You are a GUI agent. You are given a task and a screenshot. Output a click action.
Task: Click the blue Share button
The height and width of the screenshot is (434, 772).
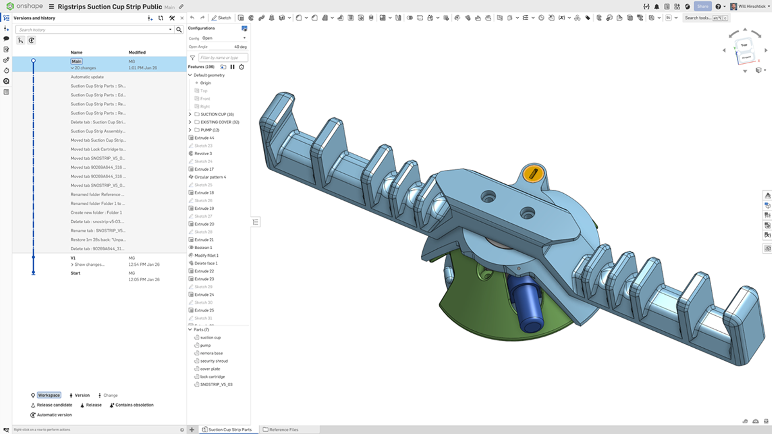click(x=703, y=6)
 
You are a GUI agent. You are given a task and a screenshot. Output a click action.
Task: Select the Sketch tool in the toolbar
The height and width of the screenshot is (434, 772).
click(x=221, y=18)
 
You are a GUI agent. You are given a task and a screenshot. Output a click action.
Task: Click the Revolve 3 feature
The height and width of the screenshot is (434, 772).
click(x=203, y=153)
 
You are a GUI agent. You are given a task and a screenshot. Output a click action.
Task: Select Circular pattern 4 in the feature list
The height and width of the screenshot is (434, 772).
click(x=210, y=177)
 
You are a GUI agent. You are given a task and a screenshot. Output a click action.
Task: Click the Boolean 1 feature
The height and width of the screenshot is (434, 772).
click(x=203, y=247)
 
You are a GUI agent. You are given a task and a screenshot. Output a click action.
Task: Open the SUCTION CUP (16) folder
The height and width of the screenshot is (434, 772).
click(x=217, y=114)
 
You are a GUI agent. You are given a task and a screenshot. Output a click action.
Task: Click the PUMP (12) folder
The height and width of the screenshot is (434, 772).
click(x=209, y=130)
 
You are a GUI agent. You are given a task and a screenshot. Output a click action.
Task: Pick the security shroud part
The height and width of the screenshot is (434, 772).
click(x=214, y=361)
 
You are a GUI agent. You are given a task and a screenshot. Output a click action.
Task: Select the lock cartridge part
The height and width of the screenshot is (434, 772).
click(x=212, y=377)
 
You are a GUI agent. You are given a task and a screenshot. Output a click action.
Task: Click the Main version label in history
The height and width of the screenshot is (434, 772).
click(x=77, y=61)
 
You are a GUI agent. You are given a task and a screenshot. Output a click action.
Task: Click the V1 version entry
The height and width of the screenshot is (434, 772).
click(x=73, y=258)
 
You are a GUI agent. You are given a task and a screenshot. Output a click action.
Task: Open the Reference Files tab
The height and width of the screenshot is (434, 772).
click(x=284, y=429)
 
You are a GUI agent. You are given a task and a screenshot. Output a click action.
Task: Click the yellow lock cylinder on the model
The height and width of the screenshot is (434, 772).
click(x=533, y=174)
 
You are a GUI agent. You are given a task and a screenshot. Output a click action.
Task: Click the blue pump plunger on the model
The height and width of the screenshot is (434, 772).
click(x=525, y=304)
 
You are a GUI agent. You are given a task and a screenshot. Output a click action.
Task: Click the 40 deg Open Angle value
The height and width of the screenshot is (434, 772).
click(x=240, y=47)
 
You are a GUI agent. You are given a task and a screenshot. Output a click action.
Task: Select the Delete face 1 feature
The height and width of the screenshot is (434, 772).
click(x=206, y=263)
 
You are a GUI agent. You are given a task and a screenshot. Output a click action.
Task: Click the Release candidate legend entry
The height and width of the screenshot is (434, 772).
click(x=54, y=405)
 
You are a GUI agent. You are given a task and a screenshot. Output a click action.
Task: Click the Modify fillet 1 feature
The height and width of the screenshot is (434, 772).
click(x=207, y=256)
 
